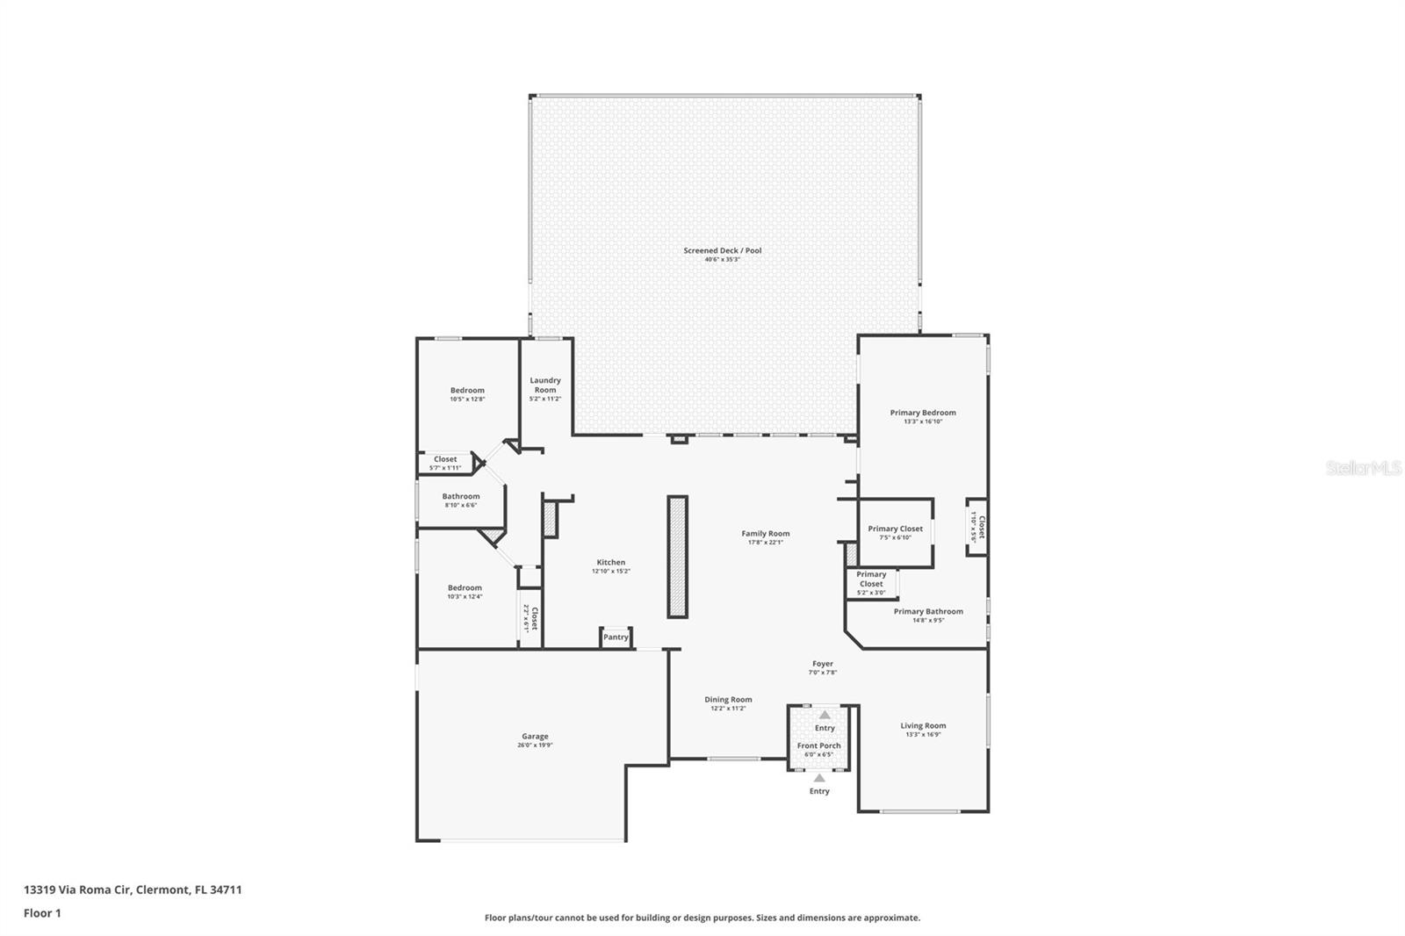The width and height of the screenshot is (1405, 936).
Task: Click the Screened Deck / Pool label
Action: (x=722, y=250)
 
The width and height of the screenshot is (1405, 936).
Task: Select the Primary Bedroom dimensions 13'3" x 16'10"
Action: (x=923, y=421)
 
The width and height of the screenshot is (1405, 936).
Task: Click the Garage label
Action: (x=535, y=737)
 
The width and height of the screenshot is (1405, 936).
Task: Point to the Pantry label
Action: (x=616, y=637)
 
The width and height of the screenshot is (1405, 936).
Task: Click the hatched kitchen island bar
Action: (x=677, y=557)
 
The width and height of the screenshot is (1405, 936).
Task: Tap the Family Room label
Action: (x=765, y=533)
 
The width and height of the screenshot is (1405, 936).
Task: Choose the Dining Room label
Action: (x=728, y=700)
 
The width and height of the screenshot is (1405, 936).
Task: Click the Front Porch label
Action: (x=818, y=745)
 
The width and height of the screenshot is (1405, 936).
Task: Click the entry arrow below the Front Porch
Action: (x=819, y=778)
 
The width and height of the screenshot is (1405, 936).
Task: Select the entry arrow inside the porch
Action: (x=825, y=715)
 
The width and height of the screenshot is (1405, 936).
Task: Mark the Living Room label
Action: (x=923, y=725)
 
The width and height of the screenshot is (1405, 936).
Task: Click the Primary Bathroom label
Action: (x=928, y=611)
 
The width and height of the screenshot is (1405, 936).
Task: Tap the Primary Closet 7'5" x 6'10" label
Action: (x=895, y=529)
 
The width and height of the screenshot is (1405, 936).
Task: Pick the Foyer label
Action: (x=823, y=664)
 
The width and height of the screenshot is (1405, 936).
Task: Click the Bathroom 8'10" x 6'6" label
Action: (x=461, y=496)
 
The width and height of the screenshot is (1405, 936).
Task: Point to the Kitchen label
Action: (x=611, y=562)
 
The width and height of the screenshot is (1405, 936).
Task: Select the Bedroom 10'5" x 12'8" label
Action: (x=467, y=390)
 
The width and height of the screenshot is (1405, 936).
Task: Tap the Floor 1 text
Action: (x=42, y=913)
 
